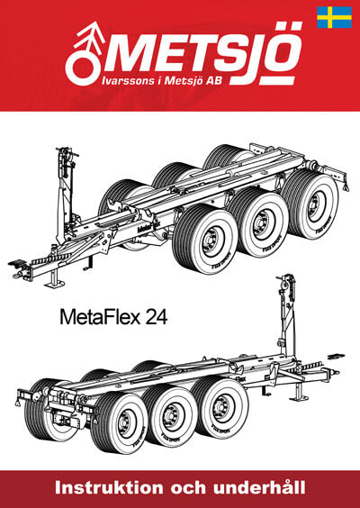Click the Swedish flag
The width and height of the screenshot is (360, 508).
(334, 17)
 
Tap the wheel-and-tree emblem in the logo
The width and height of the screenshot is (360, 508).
(84, 53)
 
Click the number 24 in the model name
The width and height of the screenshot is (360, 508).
(157, 317)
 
